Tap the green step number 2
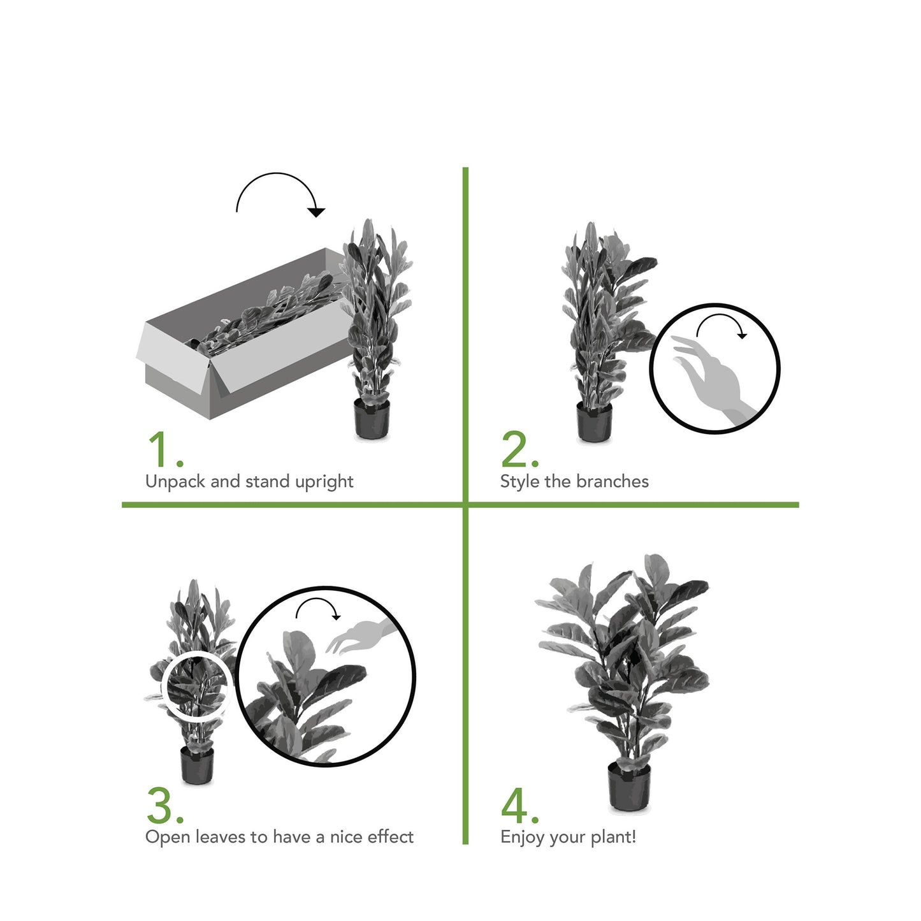519,450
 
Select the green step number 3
165,806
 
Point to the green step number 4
520,806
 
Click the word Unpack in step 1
175,482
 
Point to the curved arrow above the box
278,174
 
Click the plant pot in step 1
372,419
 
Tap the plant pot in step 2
594,421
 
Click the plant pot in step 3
197,765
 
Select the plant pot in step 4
629,786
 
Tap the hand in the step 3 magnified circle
361,635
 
